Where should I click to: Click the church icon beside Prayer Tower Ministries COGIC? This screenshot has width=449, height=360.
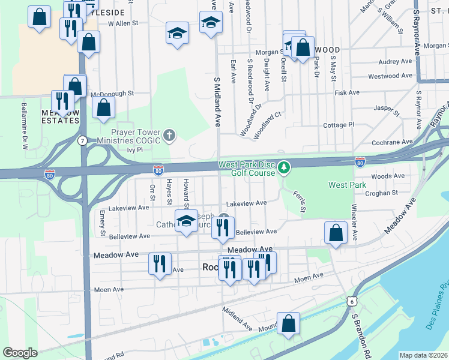169,135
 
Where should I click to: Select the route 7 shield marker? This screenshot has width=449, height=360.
82,140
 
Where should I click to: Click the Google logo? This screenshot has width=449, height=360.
20,352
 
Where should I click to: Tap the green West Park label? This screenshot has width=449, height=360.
346,185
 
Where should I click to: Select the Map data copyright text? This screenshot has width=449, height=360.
423,355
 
